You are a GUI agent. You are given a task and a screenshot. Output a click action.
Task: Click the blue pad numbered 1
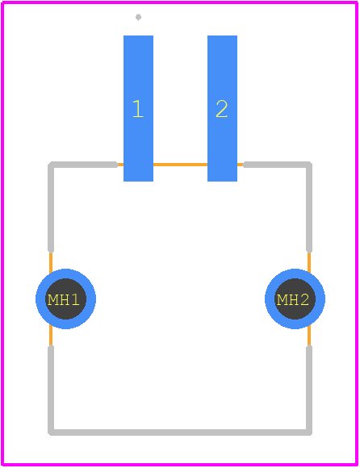[x=138, y=108]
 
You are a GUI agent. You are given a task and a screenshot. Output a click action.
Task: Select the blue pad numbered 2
[x=223, y=108]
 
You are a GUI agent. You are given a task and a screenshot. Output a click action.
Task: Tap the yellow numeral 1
[x=138, y=109]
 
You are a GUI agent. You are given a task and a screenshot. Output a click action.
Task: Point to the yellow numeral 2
[x=222, y=109]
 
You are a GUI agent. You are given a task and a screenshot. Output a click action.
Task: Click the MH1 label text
[x=64, y=299]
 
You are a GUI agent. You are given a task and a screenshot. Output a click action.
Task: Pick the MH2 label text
[x=293, y=299]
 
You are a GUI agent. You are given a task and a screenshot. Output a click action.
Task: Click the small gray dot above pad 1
[x=138, y=17]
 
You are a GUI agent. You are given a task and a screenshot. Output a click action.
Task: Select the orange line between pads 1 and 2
[x=180, y=165]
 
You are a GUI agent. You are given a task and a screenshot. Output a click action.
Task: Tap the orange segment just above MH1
[x=51, y=263]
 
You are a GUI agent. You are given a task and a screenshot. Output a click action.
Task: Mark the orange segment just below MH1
[x=51, y=336]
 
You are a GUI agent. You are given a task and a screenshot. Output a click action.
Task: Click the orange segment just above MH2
[x=309, y=263]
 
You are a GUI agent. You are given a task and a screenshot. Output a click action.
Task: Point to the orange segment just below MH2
[x=309, y=336]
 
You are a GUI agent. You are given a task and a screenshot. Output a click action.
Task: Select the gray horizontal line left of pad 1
[x=84, y=165]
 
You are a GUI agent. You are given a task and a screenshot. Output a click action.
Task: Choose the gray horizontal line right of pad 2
[x=277, y=165]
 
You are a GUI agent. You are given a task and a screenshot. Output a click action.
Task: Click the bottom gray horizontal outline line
[x=180, y=432]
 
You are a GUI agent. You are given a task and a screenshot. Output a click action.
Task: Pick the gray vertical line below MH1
[x=51, y=390]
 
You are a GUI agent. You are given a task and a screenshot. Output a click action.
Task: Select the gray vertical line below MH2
[x=309, y=390]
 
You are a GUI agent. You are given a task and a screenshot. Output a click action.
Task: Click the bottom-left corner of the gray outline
[x=51, y=432]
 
